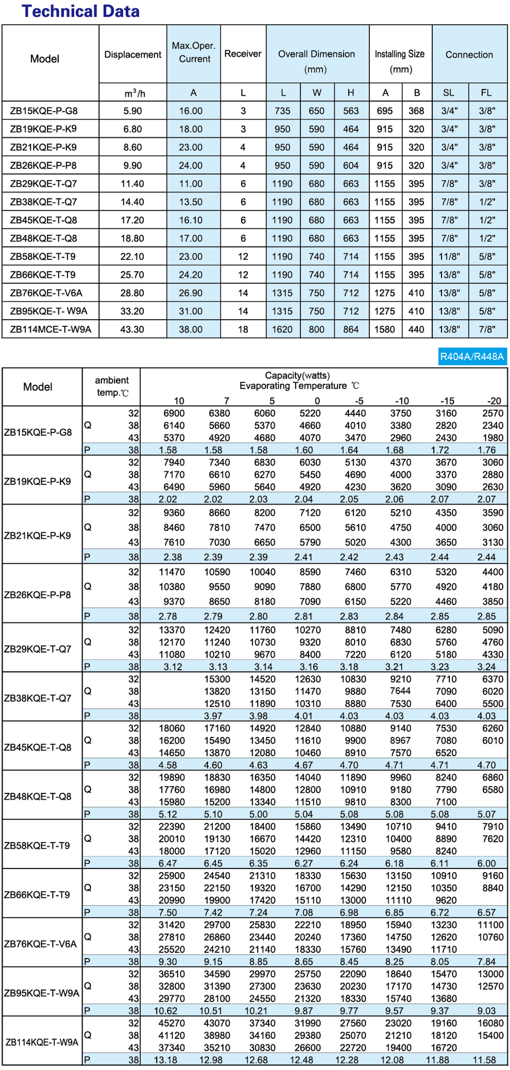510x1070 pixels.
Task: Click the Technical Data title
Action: pos(80,11)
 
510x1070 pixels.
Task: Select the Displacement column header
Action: pos(133,54)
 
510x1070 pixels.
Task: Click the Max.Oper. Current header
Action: pos(194,52)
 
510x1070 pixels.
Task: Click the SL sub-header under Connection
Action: pos(448,93)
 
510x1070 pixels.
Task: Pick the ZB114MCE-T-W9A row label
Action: pos(50,329)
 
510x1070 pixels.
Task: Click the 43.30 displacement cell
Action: pos(132,329)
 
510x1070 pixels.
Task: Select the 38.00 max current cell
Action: pos(191,329)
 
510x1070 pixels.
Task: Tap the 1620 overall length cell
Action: pos(282,329)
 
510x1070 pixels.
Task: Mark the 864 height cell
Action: pos(351,329)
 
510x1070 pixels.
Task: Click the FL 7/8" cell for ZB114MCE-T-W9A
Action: pos(487,329)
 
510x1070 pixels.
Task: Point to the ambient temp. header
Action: pos(112,386)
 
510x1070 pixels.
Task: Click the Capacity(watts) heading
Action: pos(297,375)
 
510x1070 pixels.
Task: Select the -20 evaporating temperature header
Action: pos(494,401)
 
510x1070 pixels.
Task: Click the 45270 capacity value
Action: pos(171,1023)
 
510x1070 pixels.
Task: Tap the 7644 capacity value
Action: pos(400,690)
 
